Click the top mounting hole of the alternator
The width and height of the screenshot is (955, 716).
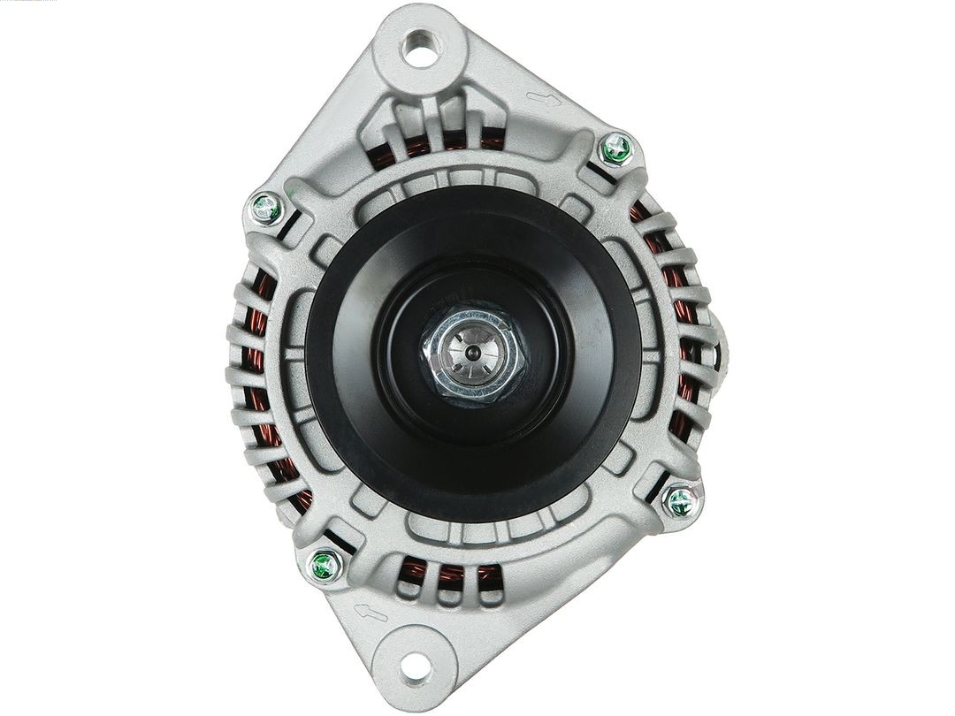click(x=420, y=47)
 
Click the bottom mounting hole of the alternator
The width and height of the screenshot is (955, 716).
click(x=416, y=667)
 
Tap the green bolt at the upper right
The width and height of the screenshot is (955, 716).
click(x=616, y=149)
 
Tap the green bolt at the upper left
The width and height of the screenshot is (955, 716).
click(x=265, y=209)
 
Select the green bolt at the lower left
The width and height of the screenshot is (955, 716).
click(x=325, y=566)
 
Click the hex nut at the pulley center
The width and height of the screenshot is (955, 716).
click(x=473, y=354)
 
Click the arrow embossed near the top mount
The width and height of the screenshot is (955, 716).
click(x=543, y=99)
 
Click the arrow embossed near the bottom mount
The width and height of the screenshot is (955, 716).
click(x=370, y=612)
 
